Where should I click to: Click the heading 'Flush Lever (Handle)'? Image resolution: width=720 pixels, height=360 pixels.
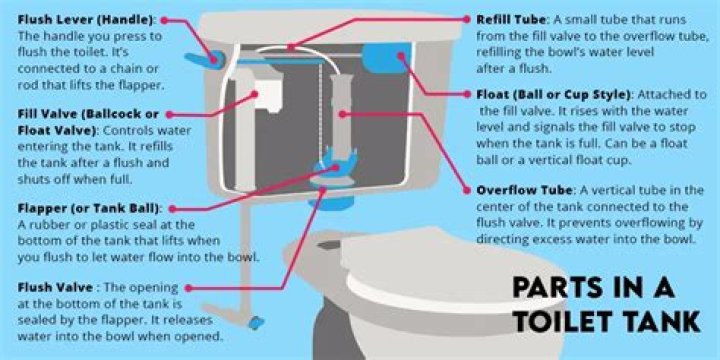click(x=87, y=21)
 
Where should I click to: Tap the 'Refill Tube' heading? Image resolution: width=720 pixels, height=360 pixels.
click(x=511, y=20)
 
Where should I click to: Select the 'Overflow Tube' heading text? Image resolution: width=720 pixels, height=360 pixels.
click(x=524, y=190)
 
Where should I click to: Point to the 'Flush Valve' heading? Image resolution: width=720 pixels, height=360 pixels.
click(x=55, y=288)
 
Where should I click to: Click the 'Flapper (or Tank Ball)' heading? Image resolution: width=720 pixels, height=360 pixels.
click(x=89, y=208)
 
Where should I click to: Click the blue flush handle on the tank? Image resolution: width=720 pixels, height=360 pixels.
click(x=205, y=60)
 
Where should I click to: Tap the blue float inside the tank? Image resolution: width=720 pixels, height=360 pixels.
click(x=386, y=57)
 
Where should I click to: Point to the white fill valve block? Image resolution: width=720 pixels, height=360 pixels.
click(x=266, y=94)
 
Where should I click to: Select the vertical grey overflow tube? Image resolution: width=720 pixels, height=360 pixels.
click(x=341, y=115)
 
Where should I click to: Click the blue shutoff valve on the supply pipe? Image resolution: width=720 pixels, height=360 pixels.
click(x=255, y=322)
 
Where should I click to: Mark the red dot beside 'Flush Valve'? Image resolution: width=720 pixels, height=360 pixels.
click(x=188, y=288)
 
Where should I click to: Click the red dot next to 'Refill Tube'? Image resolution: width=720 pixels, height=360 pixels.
click(x=467, y=19)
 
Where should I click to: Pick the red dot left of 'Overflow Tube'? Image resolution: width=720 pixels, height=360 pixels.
click(x=467, y=190)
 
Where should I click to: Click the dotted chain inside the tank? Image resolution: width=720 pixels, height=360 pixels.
click(x=319, y=109)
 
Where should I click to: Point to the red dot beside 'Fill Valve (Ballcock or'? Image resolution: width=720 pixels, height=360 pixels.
click(x=169, y=114)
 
